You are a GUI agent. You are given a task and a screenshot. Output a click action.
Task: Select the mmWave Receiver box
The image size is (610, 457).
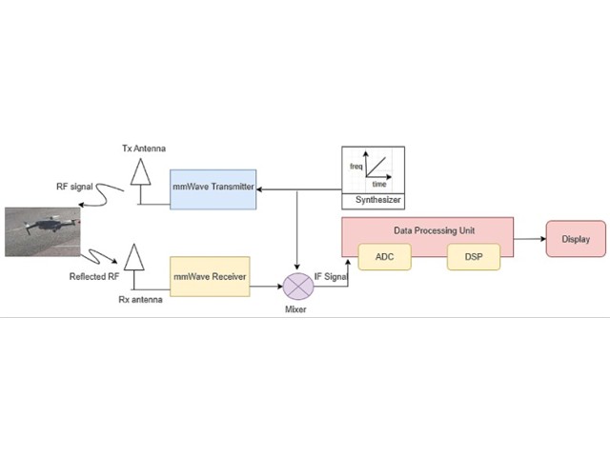point(210,275)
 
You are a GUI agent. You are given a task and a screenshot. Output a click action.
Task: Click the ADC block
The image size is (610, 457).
point(384,257)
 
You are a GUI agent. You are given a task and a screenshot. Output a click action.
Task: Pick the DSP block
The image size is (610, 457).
point(474,257)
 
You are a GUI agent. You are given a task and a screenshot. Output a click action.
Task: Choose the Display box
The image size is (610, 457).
point(576,239)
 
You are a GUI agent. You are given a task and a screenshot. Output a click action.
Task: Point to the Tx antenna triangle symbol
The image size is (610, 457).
point(140,175)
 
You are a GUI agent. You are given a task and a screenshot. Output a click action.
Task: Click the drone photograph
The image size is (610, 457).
point(41,232)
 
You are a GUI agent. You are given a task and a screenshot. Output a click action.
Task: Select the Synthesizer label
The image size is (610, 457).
point(373,200)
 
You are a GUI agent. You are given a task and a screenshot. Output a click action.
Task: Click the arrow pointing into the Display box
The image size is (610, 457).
point(530,239)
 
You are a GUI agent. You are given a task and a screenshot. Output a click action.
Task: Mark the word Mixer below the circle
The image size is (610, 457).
point(299,309)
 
